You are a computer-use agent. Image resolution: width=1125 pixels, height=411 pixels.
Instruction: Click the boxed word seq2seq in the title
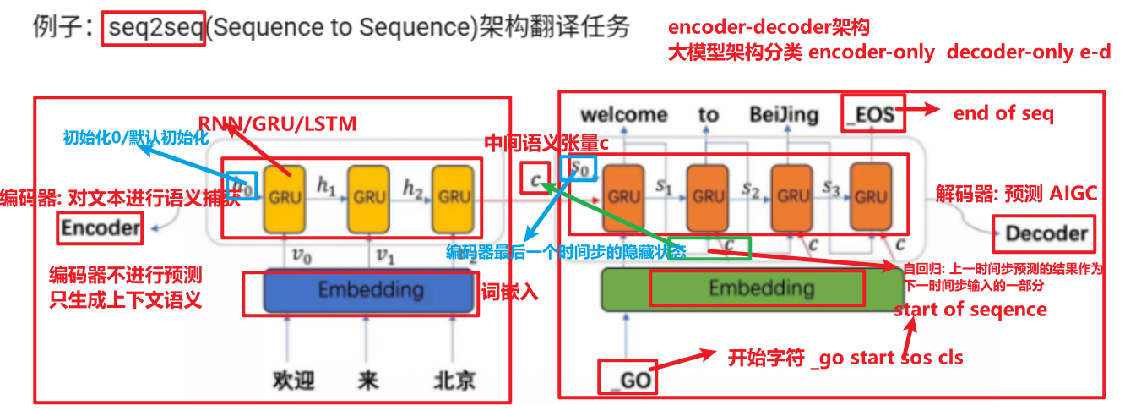coord(155,28)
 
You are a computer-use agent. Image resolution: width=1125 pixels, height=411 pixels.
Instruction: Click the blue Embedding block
coord(370,290)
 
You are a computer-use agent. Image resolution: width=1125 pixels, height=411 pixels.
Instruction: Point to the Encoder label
coord(101,227)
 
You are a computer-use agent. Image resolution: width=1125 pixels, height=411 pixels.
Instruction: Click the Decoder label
coord(1046,233)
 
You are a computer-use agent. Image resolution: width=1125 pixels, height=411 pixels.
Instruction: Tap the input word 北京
coord(454,380)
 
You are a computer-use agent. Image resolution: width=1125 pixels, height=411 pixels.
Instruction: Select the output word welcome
coord(623,114)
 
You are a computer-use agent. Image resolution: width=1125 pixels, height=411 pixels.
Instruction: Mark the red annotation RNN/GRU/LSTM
coord(277,123)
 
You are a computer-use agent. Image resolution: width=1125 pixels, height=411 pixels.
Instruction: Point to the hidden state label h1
coord(325,185)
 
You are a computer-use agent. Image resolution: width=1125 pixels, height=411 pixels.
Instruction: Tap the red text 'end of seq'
coord(1003,112)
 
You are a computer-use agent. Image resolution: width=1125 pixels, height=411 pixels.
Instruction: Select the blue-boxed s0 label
coord(582,168)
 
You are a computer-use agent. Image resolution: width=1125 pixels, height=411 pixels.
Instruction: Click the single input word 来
coord(367,380)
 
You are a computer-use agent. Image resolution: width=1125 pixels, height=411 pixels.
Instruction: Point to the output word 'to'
coord(708,114)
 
